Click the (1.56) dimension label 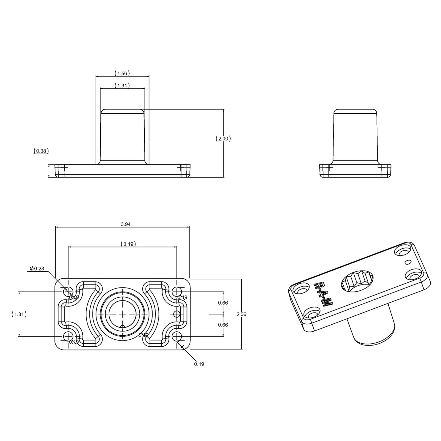(122, 73)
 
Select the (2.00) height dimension (223, 138)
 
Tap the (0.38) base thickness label (41, 151)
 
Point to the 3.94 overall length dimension (126, 224)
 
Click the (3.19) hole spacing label (128, 244)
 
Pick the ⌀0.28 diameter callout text (37, 269)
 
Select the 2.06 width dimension (241, 314)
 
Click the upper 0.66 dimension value (223, 303)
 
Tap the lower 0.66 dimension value (223, 325)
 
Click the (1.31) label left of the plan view (19, 314)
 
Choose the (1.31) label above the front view (122, 86)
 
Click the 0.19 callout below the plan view (199, 364)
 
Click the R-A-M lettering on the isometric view (323, 294)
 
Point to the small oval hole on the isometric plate (408, 262)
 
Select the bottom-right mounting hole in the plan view (177, 337)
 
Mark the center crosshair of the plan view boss (123, 314)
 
